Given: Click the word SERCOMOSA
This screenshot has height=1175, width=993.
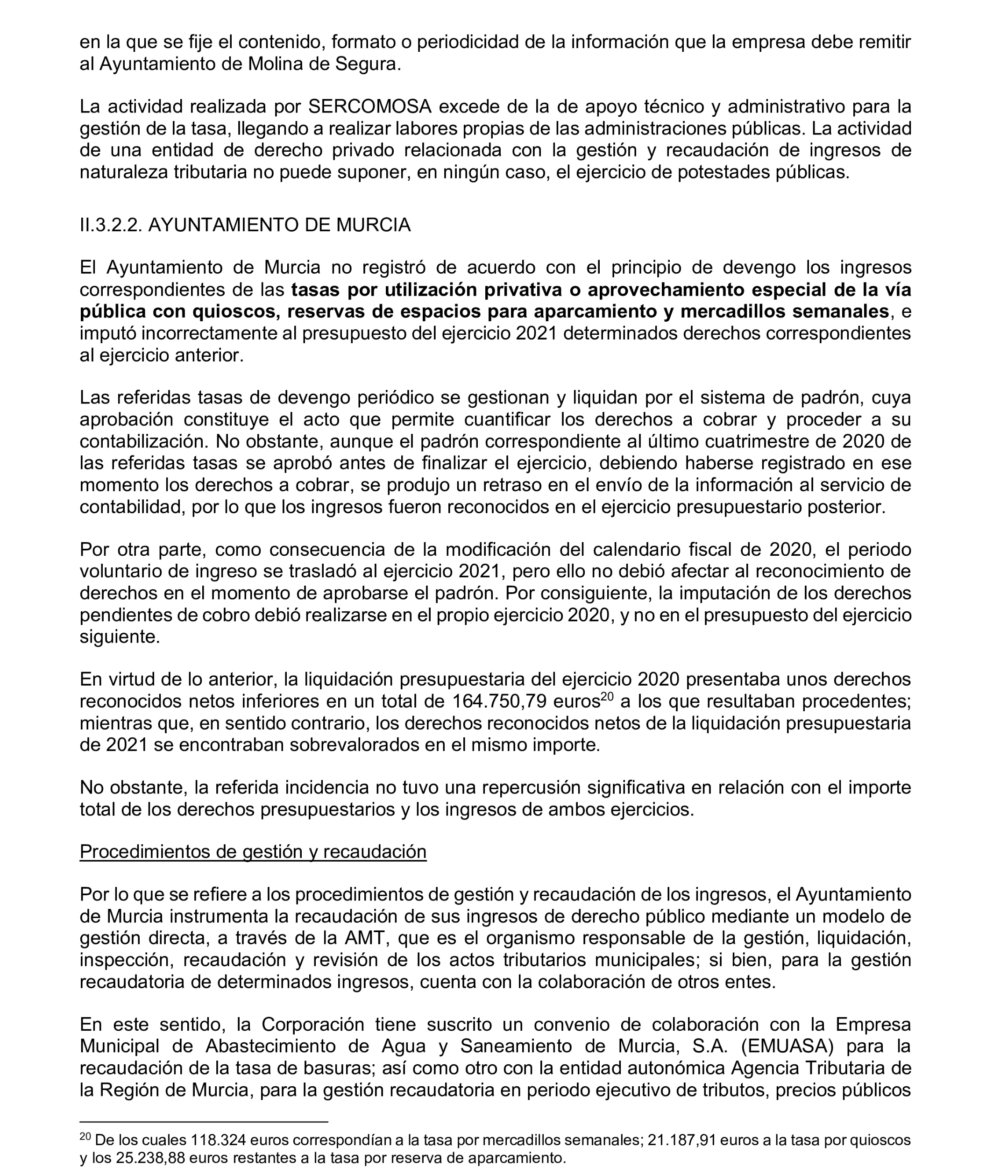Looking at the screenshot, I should click(x=370, y=106).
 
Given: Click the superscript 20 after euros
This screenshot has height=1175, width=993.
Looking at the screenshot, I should click(x=606, y=697).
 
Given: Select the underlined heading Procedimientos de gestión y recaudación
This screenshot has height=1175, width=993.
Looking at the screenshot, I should click(x=253, y=851).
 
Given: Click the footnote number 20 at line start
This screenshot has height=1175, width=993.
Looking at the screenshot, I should click(x=85, y=1137).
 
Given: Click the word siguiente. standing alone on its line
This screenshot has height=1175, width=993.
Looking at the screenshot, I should click(x=120, y=637).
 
